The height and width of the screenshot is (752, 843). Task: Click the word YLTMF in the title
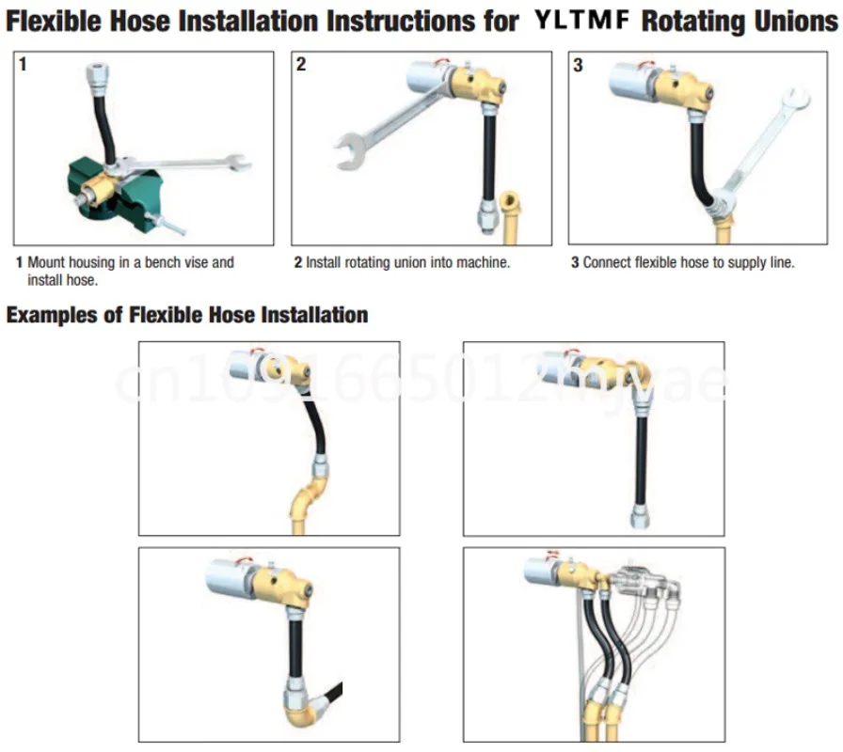pyautogui.click(x=584, y=22)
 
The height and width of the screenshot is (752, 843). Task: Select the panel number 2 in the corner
pyautogui.click(x=301, y=66)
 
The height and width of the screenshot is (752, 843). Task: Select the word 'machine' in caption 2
pyautogui.click(x=480, y=262)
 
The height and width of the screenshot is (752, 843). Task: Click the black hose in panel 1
pyautogui.click(x=106, y=132)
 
